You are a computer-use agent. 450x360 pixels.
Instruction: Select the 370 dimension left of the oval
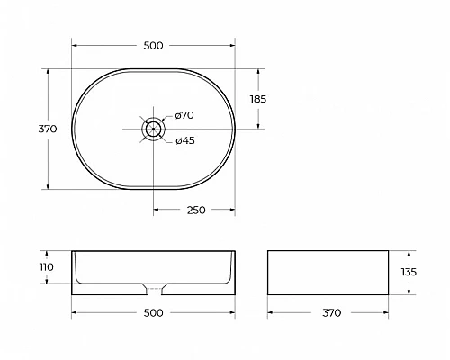pos(48,129)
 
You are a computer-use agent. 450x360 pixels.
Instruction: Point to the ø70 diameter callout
pos(184,115)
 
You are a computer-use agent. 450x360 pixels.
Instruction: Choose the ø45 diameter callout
pos(184,140)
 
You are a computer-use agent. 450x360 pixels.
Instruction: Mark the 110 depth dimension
pos(48,267)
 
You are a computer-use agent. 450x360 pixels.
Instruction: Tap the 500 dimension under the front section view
pos(153,313)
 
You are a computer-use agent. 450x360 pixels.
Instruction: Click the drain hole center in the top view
pos(154,129)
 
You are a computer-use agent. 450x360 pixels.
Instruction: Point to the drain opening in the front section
pos(154,290)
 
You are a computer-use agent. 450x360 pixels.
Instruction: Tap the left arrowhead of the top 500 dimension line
pos(76,43)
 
